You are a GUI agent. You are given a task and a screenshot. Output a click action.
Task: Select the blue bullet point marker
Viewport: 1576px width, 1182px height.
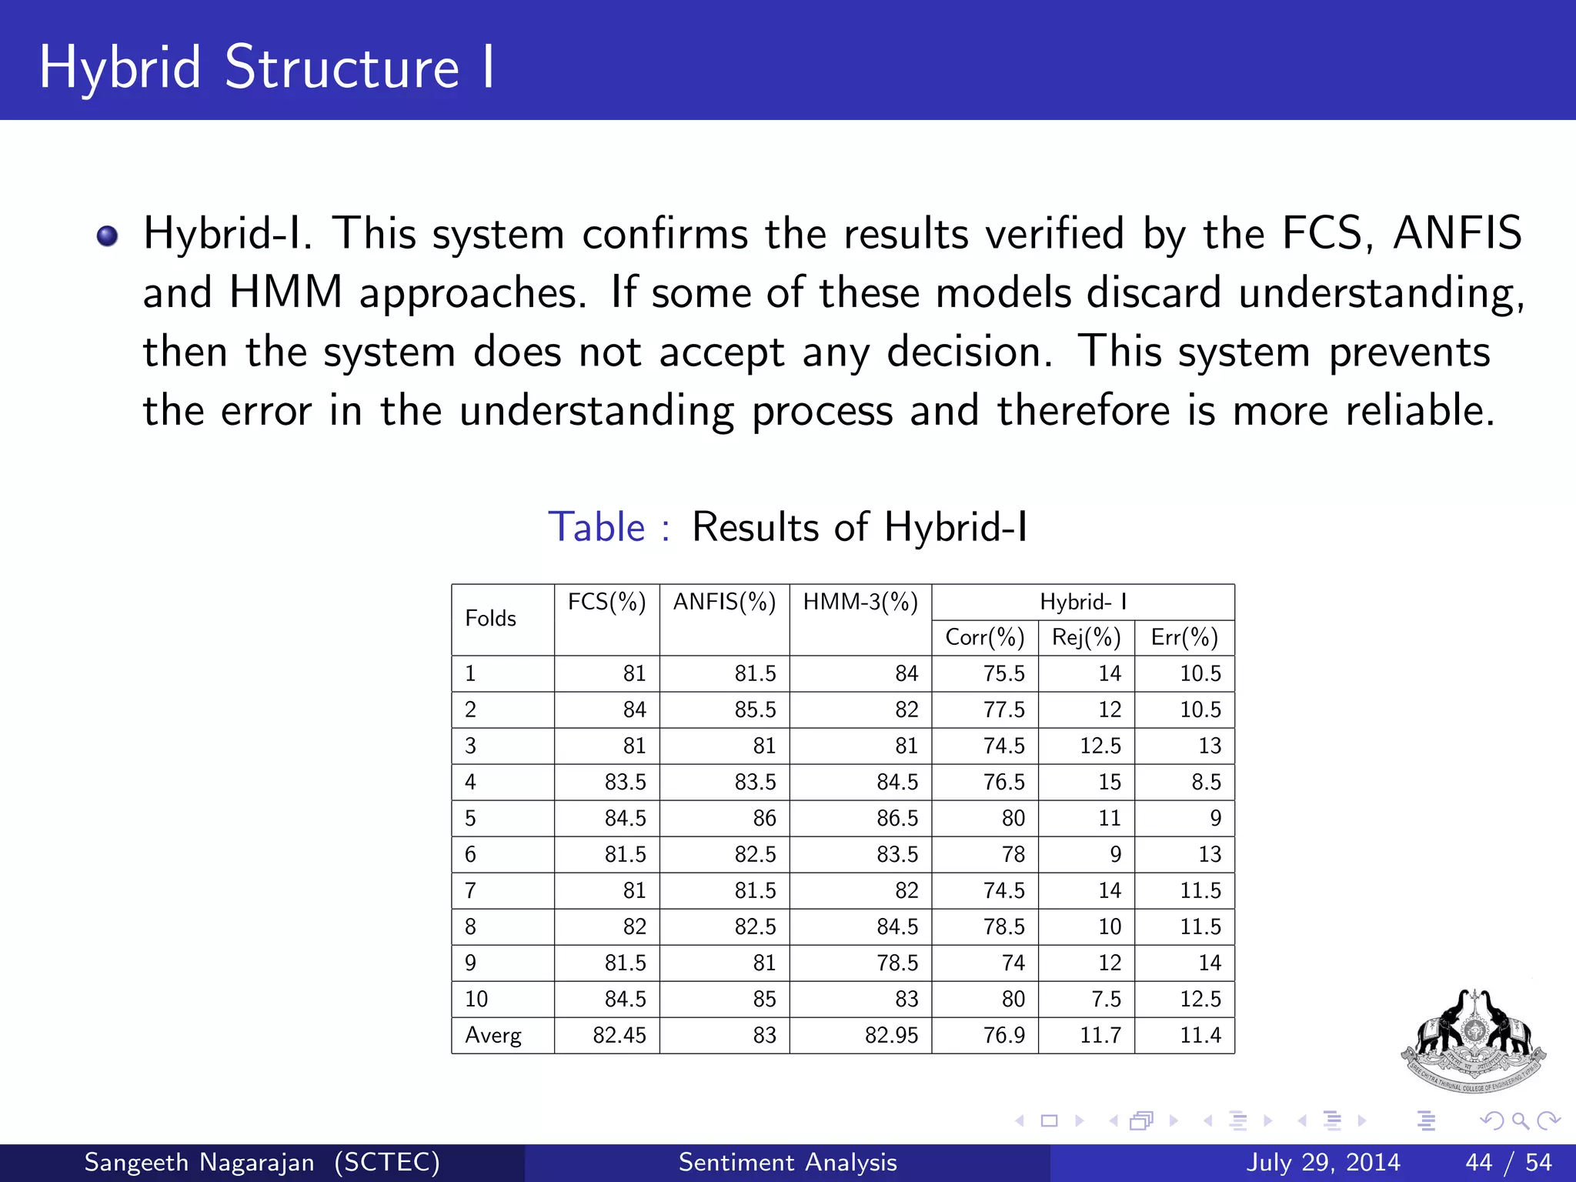coord(108,235)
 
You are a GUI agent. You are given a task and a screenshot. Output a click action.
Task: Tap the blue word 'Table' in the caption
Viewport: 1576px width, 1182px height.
coord(596,528)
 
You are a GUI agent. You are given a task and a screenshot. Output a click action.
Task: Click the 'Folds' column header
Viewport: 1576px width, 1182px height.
coord(490,619)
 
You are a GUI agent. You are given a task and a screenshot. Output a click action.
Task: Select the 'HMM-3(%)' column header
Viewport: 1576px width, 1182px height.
coord(860,602)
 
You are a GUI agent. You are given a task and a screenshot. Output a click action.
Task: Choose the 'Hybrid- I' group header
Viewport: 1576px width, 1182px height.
coord(1083,602)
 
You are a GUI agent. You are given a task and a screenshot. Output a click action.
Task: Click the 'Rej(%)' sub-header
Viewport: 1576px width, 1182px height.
coord(1086,637)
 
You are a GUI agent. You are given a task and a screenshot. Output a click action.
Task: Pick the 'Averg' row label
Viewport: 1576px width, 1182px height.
coord(493,1036)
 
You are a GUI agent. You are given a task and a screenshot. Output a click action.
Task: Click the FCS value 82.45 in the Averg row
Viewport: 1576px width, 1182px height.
coord(619,1036)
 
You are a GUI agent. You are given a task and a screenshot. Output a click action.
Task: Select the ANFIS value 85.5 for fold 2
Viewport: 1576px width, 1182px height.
coord(755,710)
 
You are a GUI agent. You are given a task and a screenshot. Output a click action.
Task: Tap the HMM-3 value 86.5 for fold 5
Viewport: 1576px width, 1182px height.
coord(897,818)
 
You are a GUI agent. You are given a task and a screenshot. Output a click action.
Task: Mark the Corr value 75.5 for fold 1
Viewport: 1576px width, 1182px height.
coord(1003,673)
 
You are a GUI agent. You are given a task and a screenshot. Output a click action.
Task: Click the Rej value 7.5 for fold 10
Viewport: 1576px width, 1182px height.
coord(1106,999)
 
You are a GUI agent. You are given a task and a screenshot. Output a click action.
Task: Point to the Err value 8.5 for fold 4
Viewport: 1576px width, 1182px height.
coord(1206,782)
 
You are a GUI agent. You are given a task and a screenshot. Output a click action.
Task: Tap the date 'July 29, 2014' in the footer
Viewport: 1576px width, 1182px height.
coord(1323,1162)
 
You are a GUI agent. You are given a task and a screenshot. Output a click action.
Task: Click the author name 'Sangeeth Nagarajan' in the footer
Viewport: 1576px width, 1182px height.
coord(199,1162)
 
